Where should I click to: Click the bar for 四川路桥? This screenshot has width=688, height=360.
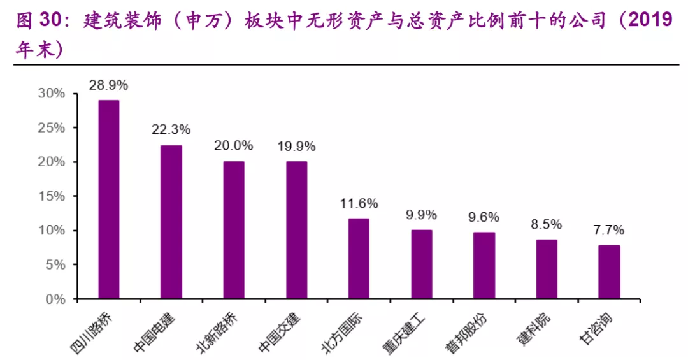click(108, 199)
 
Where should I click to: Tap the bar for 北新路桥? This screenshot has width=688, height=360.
click(233, 230)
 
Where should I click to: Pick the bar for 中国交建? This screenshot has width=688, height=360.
click(296, 230)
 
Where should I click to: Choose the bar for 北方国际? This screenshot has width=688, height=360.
click(359, 259)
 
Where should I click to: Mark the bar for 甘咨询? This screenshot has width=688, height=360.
click(609, 272)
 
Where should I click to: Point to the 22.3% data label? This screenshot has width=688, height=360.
click(171, 129)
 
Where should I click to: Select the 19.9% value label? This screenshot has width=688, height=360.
click(296, 146)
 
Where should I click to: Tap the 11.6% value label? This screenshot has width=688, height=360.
click(359, 203)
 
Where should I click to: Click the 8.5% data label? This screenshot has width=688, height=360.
click(547, 224)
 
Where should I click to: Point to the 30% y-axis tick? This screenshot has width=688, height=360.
click(52, 94)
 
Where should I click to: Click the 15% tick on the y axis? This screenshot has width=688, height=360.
click(52, 196)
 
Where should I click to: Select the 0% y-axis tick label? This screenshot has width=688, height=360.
click(55, 299)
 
